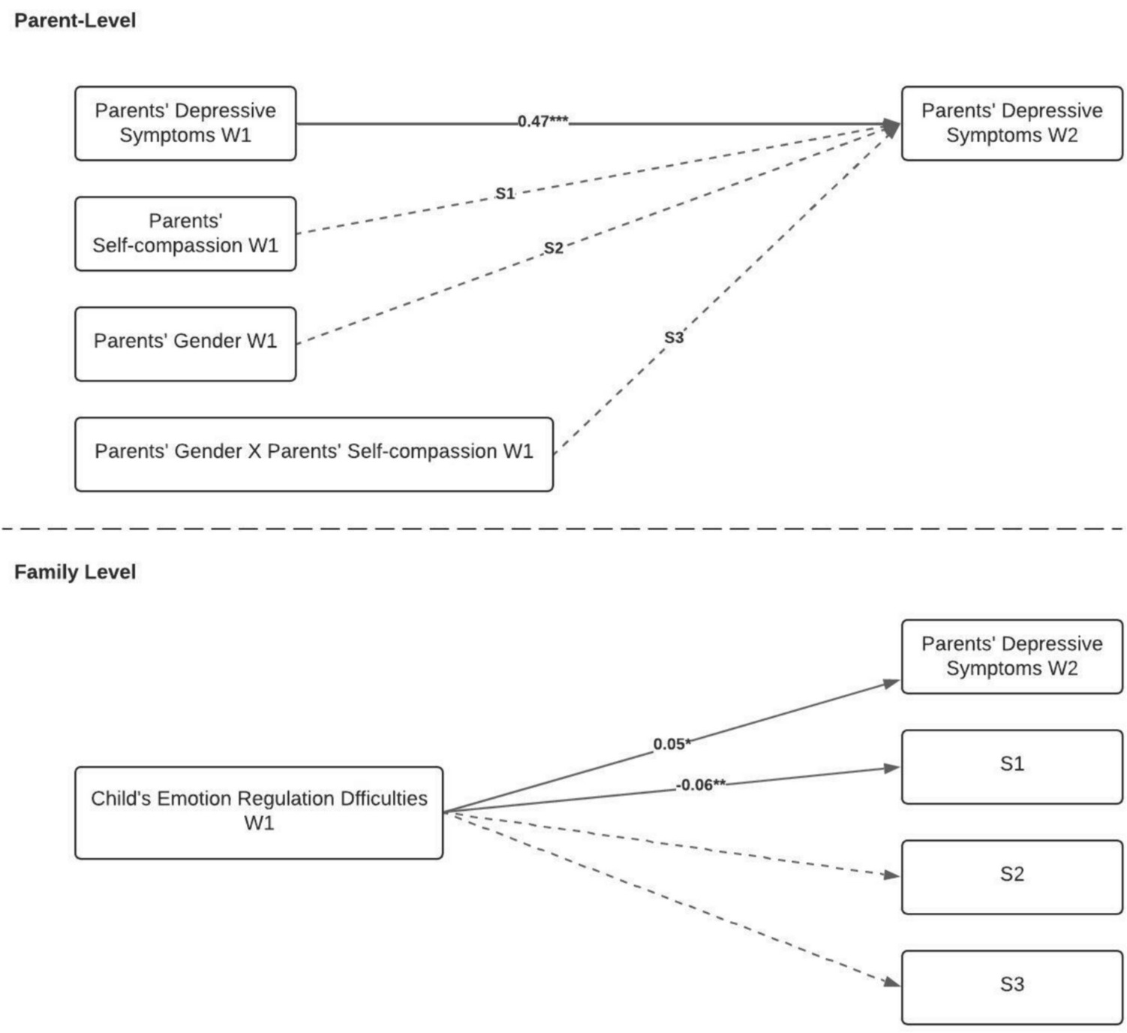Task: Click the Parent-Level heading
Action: pos(75,21)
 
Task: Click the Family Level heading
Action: pos(75,572)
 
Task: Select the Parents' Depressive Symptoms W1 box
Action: pos(185,123)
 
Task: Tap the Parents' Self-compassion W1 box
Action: pos(185,233)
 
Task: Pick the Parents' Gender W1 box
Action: pos(185,344)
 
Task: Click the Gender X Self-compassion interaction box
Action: pos(314,453)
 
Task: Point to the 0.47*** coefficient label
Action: pos(542,122)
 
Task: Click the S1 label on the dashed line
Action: pos(505,194)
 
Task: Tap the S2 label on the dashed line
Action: pos(554,248)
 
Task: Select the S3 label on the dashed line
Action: pos(675,337)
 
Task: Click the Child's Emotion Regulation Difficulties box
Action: pos(259,812)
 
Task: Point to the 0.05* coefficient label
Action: pos(672,744)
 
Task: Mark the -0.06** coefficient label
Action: pos(701,785)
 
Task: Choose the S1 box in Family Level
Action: pos(1012,766)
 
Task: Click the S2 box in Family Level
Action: pos(1012,877)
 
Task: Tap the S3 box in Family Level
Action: pos(1012,987)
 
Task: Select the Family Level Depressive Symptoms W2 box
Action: pos(1012,656)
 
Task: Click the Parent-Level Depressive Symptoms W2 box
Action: pos(1012,123)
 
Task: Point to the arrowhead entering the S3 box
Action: pos(892,982)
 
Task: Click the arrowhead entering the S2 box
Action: pos(892,875)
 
